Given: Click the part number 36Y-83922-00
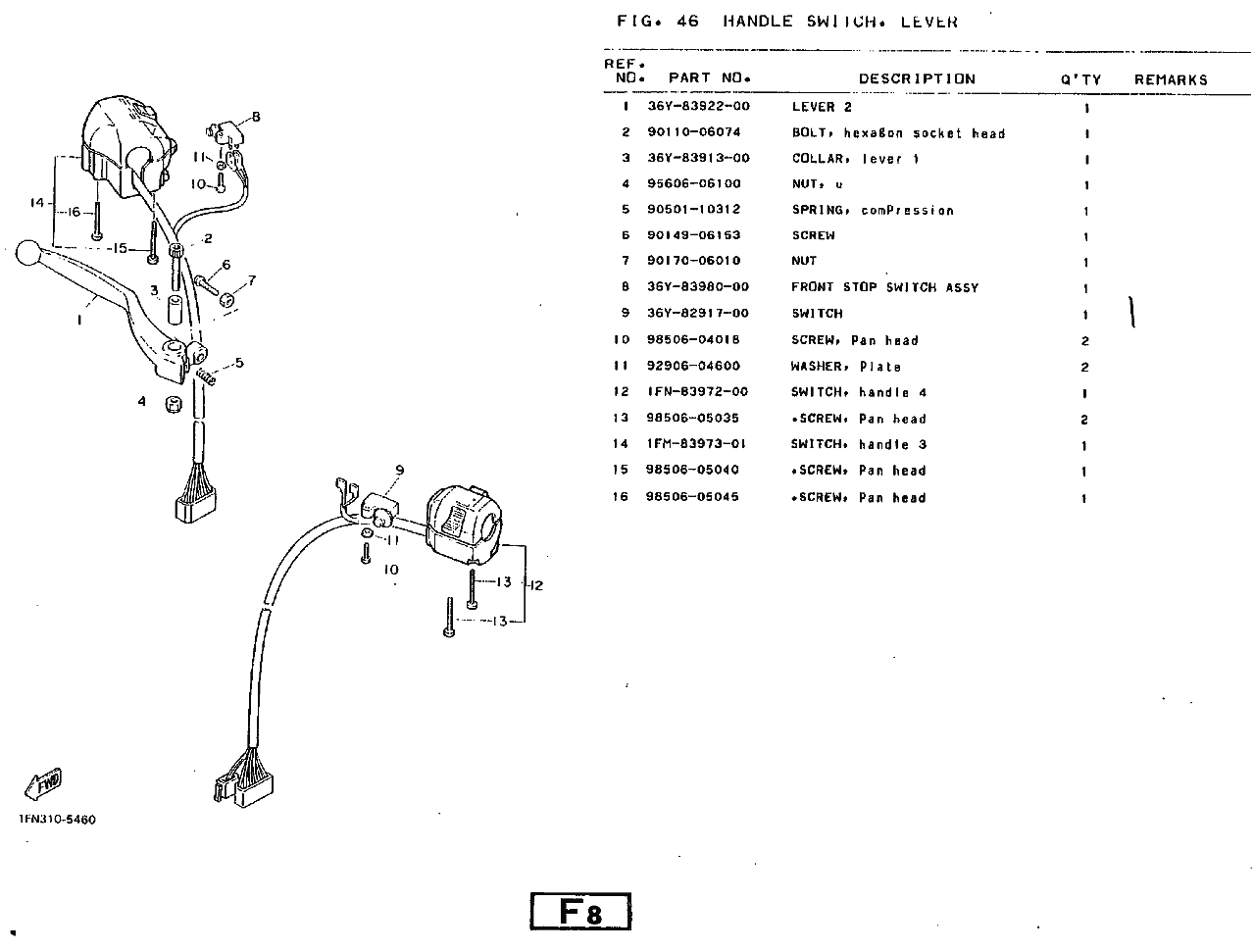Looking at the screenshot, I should [x=698, y=107].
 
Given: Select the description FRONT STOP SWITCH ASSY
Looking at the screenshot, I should [x=884, y=287].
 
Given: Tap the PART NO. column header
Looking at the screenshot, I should [x=709, y=78].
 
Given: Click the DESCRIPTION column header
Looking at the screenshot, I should [x=917, y=78].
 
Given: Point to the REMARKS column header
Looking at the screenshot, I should [x=1171, y=79].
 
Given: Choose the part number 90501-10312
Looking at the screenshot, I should [x=693, y=210].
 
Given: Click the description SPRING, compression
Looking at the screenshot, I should [x=873, y=211].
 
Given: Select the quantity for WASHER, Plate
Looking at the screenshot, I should [x=1085, y=368].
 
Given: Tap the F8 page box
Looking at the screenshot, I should [x=580, y=911].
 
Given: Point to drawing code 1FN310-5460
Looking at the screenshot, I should [x=57, y=820].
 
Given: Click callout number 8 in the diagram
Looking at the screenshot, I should [x=257, y=117].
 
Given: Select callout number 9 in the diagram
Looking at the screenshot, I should [x=400, y=471].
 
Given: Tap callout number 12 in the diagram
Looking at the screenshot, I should [x=536, y=586].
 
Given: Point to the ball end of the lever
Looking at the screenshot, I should [x=31, y=253].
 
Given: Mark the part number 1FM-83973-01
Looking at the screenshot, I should [x=697, y=445].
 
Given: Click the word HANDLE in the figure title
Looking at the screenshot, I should [x=758, y=22].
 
